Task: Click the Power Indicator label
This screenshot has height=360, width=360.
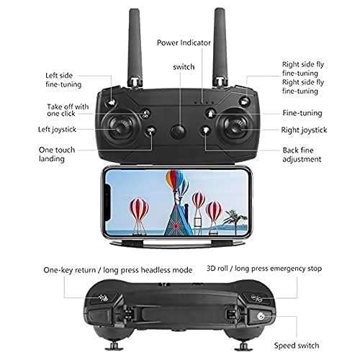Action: [184, 42]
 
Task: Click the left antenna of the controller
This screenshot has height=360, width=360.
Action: [134, 43]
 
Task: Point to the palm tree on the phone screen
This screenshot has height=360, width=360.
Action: [233, 216]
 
